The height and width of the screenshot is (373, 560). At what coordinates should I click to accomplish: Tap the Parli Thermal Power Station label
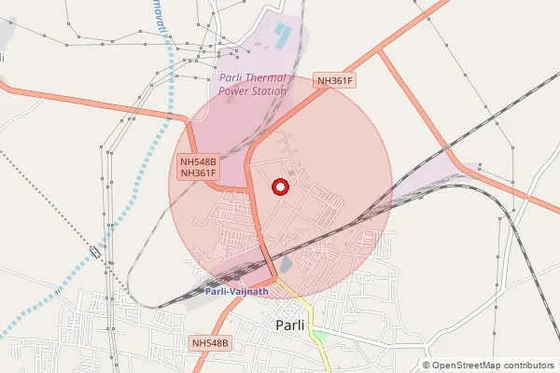pos(252,84)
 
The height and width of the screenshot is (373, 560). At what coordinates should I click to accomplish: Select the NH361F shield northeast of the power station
pos(336,81)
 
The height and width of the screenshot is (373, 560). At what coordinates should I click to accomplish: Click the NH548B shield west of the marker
pos(198,160)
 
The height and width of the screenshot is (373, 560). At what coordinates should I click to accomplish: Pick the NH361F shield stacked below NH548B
pos(198,173)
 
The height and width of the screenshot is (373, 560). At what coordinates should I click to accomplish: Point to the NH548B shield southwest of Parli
pos(209,344)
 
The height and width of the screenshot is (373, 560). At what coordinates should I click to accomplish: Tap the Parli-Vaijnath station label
pos(236,292)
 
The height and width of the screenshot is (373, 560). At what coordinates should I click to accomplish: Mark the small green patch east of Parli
pos(320,335)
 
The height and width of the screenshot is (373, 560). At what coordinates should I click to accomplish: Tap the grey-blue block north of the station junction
pos(286,267)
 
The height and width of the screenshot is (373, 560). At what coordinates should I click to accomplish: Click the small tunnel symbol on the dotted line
pos(95,251)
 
